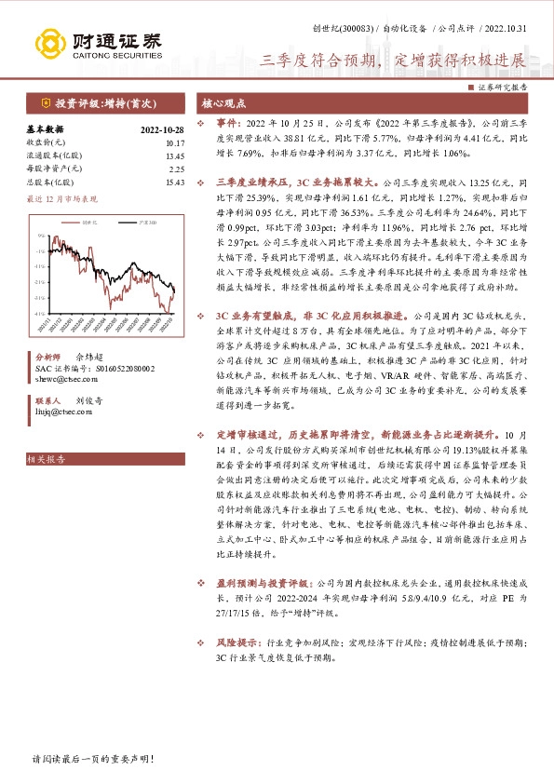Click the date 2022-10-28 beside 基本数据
[163, 130]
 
